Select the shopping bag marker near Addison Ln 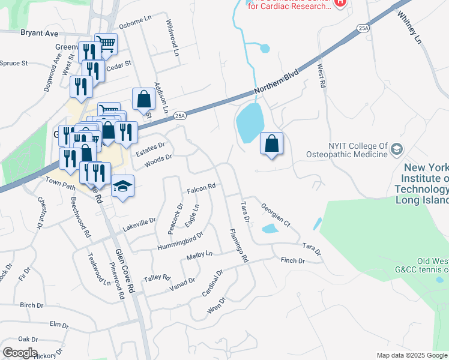coord(144,100)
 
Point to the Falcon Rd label coord(201,188)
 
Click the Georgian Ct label coord(276,215)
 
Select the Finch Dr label coord(293,261)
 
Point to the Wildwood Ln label coord(173,41)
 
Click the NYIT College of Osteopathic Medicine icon coord(397,148)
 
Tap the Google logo coord(20,353)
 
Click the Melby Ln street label coord(200,255)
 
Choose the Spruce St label coord(13,63)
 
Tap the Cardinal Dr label coord(212,282)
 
